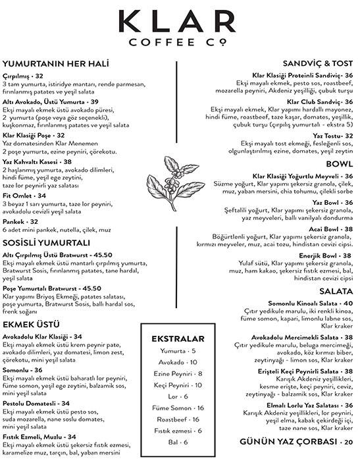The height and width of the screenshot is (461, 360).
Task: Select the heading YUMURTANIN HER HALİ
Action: tap(55, 64)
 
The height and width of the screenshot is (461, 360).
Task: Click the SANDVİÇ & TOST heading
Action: tap(314, 65)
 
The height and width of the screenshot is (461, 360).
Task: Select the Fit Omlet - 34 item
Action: tap(24, 196)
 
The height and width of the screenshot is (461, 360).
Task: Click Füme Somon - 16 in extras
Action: tap(178, 408)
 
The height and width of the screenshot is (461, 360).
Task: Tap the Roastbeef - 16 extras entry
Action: tap(178, 419)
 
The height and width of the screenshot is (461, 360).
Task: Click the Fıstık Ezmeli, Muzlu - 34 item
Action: tap(39, 436)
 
